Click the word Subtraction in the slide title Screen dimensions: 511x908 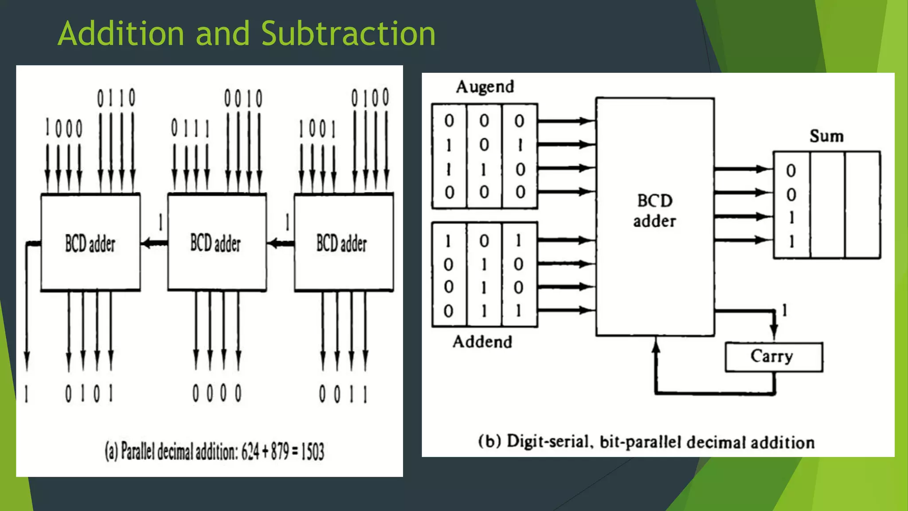point(348,33)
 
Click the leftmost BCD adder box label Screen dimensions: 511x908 point(90,244)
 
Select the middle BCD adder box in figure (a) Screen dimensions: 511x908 point(217,243)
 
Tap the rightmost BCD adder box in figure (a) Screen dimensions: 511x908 point(342,243)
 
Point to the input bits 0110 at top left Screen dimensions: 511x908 point(116,98)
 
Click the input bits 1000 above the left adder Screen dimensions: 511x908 point(64,129)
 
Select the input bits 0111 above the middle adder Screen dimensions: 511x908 point(190,129)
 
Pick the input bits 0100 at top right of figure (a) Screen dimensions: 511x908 point(370,97)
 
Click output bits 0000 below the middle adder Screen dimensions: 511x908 point(217,393)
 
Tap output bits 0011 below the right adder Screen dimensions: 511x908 point(343,394)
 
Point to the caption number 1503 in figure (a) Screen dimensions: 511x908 point(313,452)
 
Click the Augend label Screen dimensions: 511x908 point(485,87)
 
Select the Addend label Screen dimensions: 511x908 point(482,342)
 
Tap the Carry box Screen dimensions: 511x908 point(774,357)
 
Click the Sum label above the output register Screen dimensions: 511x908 point(826,136)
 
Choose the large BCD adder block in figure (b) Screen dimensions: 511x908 point(655,216)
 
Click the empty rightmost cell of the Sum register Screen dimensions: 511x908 point(862,205)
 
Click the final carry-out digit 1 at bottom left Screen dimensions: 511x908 point(27,393)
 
